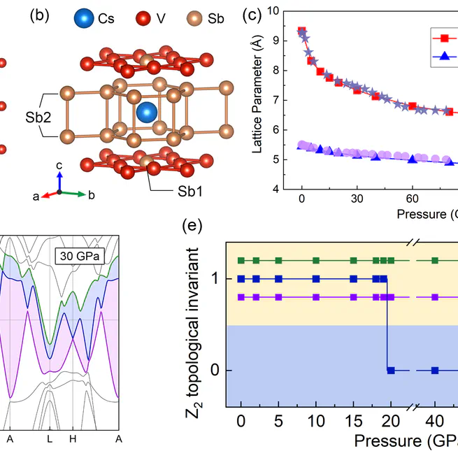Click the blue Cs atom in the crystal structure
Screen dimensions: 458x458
point(147,111)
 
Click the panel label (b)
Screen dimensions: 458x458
point(39,17)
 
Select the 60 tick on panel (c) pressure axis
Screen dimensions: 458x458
point(412,199)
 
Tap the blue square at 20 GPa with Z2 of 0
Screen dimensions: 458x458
point(392,371)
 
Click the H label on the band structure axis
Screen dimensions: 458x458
point(73,438)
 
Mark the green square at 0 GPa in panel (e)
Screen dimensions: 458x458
point(242,261)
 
